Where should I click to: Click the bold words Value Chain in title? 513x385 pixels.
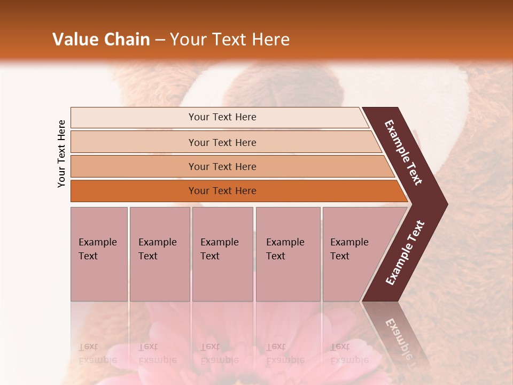(101, 40)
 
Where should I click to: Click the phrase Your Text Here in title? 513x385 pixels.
(230, 40)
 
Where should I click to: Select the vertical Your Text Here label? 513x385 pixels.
(61, 153)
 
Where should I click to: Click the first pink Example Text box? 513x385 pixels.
(99, 254)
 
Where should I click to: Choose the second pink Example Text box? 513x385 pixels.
(159, 254)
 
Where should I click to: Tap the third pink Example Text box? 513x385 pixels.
(222, 254)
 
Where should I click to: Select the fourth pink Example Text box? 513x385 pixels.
(287, 254)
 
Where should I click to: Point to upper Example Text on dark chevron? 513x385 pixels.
(403, 153)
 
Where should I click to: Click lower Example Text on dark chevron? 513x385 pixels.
(405, 252)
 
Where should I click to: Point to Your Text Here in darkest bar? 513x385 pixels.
(222, 191)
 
